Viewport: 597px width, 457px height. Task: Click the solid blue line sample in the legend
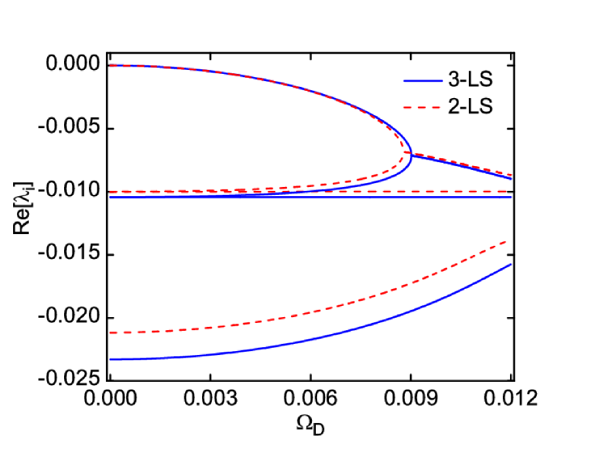point(422,80)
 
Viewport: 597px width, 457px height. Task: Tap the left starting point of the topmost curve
point(111,65)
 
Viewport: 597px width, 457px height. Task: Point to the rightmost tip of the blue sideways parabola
point(411,155)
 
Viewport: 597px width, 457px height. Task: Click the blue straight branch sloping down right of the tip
point(464,166)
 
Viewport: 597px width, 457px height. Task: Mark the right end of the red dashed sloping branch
point(511,175)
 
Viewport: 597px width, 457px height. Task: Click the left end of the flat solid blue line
point(111,197)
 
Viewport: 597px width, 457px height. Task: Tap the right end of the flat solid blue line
point(511,197)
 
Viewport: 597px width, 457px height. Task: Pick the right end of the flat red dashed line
point(511,192)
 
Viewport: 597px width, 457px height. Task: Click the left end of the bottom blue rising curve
point(111,359)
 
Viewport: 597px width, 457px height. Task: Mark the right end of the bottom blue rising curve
point(511,265)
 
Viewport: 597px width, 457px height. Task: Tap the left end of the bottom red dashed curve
point(111,333)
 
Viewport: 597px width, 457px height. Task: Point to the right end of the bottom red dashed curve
point(507,242)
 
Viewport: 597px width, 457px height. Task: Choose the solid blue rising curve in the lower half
point(327,336)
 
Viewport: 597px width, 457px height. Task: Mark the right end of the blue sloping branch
point(511,178)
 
